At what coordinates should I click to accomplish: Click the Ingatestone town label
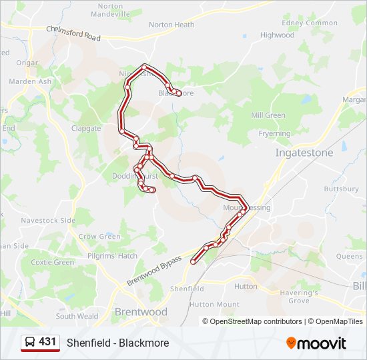tap(304, 153)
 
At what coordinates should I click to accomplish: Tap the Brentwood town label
tap(141, 311)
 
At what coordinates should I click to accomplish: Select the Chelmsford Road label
tap(73, 33)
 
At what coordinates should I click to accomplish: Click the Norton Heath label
tap(171, 25)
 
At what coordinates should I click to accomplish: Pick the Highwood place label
tap(277, 35)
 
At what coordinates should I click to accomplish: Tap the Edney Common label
tap(310, 23)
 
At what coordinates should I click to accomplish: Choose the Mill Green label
tap(268, 115)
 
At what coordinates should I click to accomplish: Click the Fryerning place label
tap(274, 133)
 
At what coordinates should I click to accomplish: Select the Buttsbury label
tap(341, 189)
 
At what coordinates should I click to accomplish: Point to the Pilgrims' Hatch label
tap(112, 256)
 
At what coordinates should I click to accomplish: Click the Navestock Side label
tap(48, 220)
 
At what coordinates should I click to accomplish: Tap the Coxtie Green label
tap(52, 262)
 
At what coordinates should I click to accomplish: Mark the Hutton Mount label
tap(214, 305)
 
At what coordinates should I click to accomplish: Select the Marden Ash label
tap(30, 81)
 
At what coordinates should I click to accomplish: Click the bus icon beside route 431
tap(30, 343)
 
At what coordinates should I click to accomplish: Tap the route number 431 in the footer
tap(47, 342)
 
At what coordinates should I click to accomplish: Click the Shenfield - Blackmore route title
tap(117, 343)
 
